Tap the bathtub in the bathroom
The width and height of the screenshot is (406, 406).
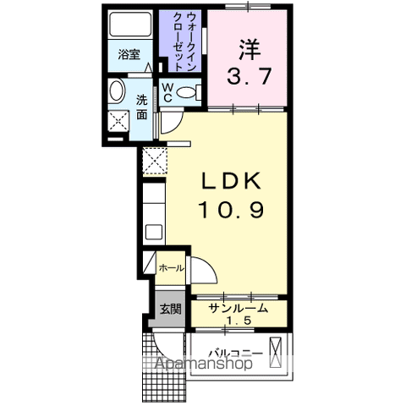(130, 26)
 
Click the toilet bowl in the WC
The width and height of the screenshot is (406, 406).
(192, 92)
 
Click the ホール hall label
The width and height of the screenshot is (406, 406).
(172, 267)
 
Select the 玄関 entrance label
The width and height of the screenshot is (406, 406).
(171, 309)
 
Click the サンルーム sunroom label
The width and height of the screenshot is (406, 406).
(239, 309)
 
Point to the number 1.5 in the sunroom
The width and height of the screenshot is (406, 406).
(239, 321)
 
